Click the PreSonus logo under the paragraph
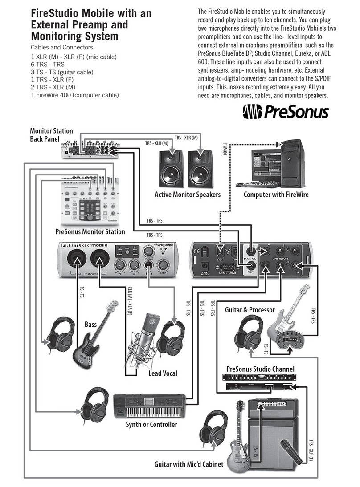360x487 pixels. pyautogui.click(x=285, y=111)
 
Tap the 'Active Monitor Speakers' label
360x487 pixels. pyautogui.click(x=188, y=195)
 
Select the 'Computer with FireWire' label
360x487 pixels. pyautogui.click(x=276, y=195)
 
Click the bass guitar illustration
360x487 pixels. pyautogui.click(x=95, y=338)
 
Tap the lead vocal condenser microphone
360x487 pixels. pyautogui.click(x=147, y=338)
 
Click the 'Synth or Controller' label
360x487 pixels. pyautogui.click(x=151, y=424)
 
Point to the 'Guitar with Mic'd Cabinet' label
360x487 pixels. pyautogui.click(x=188, y=464)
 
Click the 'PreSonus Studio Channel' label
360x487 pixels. pyautogui.click(x=260, y=369)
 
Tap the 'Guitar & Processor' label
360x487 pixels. pyautogui.click(x=250, y=309)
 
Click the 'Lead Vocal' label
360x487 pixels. pyautogui.click(x=163, y=373)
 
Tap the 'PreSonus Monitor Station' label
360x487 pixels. pyautogui.click(x=90, y=231)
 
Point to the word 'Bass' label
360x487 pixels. pyautogui.click(x=90, y=325)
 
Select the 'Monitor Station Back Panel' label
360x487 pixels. pyautogui.click(x=51, y=134)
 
